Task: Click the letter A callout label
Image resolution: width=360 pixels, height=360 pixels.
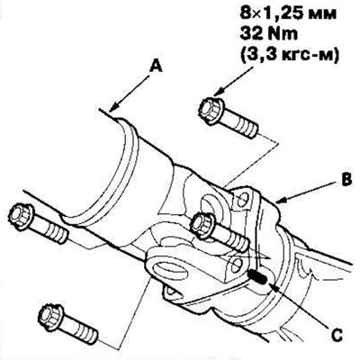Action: [156, 66]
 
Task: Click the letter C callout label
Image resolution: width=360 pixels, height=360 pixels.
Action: [337, 336]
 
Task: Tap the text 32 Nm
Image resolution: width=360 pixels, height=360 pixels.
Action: [268, 34]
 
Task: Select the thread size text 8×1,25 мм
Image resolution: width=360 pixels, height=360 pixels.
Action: [288, 14]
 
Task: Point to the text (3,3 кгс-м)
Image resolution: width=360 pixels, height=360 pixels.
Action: [289, 55]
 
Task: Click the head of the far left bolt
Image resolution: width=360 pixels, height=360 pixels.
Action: [21, 217]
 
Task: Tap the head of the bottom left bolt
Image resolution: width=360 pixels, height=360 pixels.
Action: [51, 317]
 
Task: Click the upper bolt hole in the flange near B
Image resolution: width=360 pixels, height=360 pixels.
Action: [241, 199]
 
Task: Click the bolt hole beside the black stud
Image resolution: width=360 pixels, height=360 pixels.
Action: [237, 265]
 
